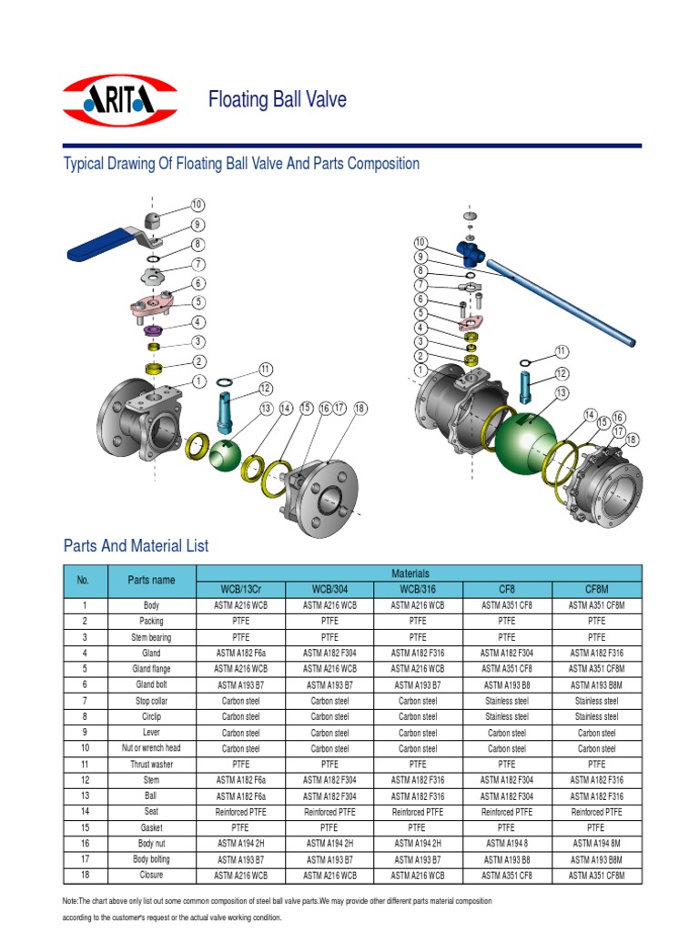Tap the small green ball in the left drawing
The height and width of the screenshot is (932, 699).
tap(226, 454)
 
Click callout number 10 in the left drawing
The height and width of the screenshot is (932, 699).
tap(198, 205)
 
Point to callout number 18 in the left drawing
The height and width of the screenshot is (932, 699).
tap(360, 409)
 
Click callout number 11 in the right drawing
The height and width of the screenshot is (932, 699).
tap(562, 351)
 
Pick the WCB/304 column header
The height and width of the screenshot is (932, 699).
tap(329, 590)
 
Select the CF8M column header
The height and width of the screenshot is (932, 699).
tap(596, 590)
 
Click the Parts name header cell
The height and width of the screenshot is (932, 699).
tap(151, 581)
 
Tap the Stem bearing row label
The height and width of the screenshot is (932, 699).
tap(151, 637)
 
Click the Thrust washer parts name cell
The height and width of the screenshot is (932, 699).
tap(151, 765)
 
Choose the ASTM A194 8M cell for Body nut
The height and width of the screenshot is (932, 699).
tap(596, 845)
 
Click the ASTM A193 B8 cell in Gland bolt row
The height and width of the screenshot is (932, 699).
tap(507, 684)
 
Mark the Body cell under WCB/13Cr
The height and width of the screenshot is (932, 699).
tap(240, 605)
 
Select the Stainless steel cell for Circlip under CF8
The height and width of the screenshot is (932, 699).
tap(507, 716)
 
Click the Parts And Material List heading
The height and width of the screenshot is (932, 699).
tap(136, 546)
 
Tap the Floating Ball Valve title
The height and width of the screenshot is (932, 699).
tap(278, 100)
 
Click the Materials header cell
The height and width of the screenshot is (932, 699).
tap(419, 573)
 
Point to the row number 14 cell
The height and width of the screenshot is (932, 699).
tap(84, 812)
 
